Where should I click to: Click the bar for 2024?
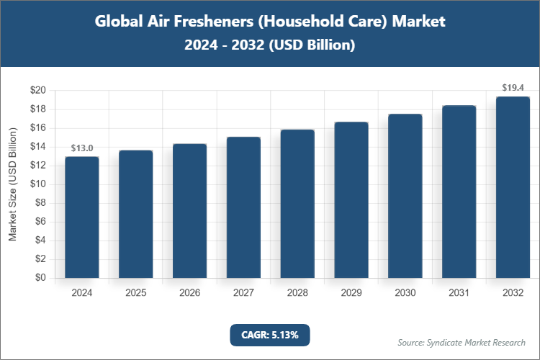(82, 217)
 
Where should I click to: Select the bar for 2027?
(243, 207)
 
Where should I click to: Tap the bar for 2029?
(351, 200)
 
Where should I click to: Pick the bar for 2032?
(513, 187)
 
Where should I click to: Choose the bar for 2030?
(405, 196)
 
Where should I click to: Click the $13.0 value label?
(82, 148)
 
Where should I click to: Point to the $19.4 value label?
(513, 88)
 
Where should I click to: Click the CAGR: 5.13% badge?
(270, 335)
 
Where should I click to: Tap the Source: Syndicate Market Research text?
(462, 342)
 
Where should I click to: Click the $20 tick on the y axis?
(38, 91)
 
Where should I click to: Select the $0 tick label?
(41, 278)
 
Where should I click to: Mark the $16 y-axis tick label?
(38, 128)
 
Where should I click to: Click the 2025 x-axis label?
(136, 293)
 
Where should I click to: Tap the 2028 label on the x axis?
(297, 293)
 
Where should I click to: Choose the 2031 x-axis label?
(459, 293)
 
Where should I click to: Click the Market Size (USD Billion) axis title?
(12, 184)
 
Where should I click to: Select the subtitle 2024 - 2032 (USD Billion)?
(270, 45)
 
